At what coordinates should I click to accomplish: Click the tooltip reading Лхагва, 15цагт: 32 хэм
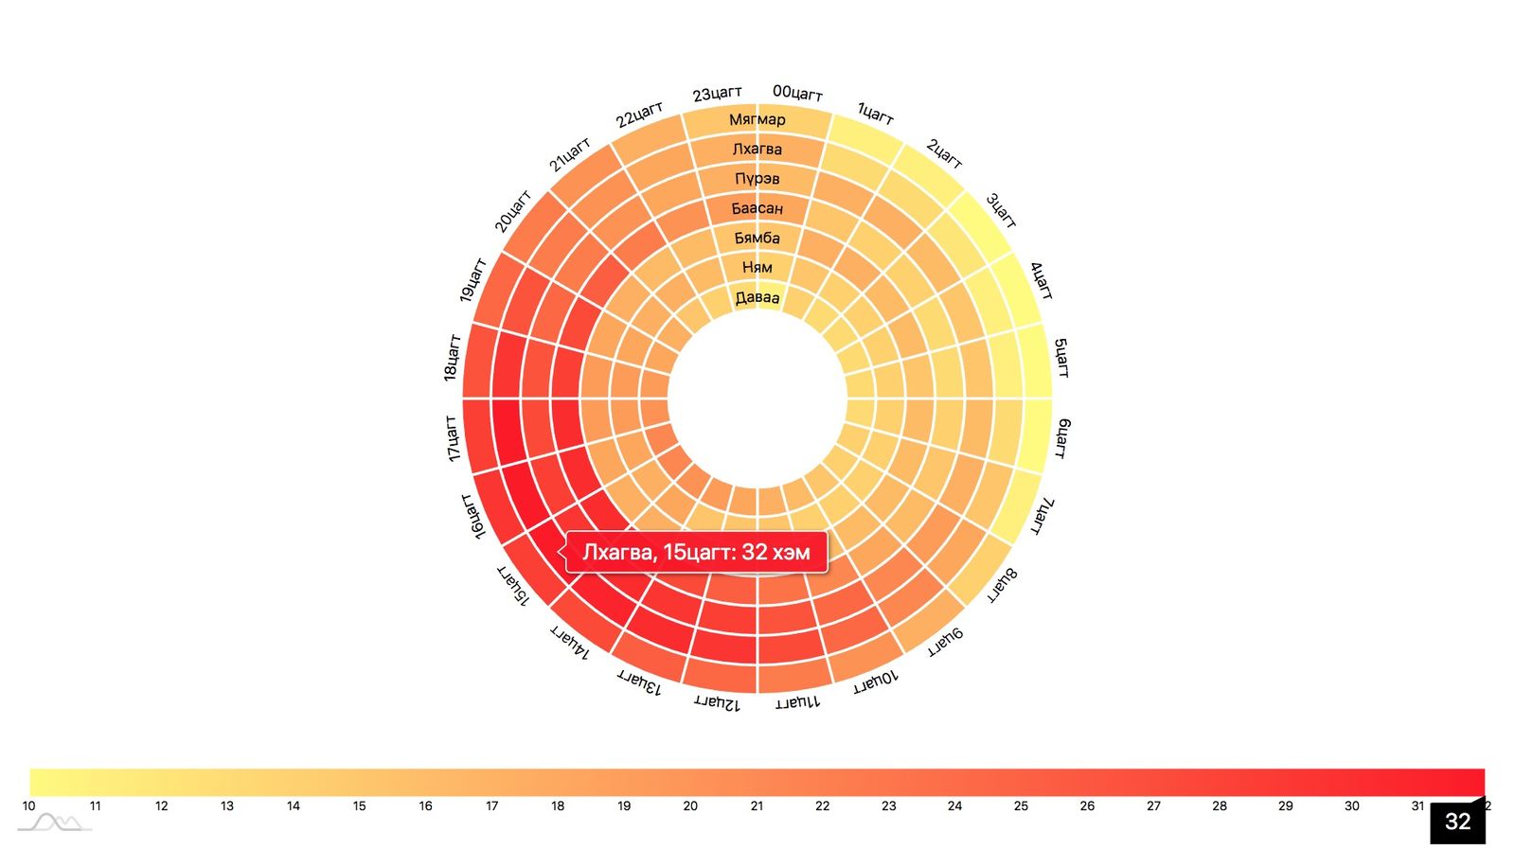pyautogui.click(x=696, y=553)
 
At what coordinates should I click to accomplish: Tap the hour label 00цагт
pyautogui.click(x=797, y=93)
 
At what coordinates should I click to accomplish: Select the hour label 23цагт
pyautogui.click(x=717, y=94)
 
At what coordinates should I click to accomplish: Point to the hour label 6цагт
pyautogui.click(x=1062, y=438)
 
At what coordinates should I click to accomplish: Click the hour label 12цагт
pyautogui.click(x=717, y=702)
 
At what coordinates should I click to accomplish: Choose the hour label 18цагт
pyautogui.click(x=452, y=358)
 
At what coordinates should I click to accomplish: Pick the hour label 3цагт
pyautogui.click(x=1001, y=210)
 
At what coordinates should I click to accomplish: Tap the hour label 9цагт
pyautogui.click(x=944, y=642)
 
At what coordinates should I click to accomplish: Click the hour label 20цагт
pyautogui.click(x=513, y=211)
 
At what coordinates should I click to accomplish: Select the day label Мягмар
pyautogui.click(x=757, y=119)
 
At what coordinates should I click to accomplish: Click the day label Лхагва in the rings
pyautogui.click(x=757, y=149)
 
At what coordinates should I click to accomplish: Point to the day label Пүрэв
pyautogui.click(x=757, y=178)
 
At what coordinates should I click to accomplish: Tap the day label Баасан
pyautogui.click(x=757, y=208)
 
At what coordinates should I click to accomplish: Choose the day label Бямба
pyautogui.click(x=757, y=238)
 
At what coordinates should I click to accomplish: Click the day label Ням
pyautogui.click(x=757, y=267)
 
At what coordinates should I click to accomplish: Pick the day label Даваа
pyautogui.click(x=757, y=297)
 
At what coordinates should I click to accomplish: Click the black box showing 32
pyautogui.click(x=1457, y=822)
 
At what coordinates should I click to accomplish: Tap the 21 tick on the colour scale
pyautogui.click(x=757, y=806)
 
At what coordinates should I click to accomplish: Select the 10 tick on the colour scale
pyautogui.click(x=29, y=806)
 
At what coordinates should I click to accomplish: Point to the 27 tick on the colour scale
pyautogui.click(x=1153, y=806)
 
